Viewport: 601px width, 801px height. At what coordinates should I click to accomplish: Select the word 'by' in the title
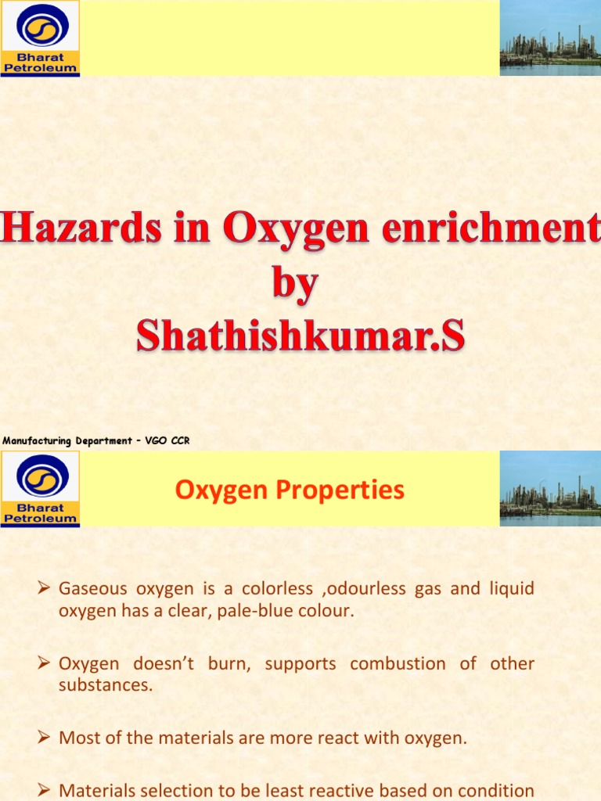tap(296, 284)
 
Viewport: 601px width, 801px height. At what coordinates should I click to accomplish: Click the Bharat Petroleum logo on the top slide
tap(40, 38)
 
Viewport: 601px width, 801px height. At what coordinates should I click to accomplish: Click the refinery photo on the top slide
tap(550, 38)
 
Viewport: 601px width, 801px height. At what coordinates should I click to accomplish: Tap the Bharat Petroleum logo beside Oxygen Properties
tap(40, 489)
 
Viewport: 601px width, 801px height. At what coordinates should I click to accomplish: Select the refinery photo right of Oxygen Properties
tap(550, 489)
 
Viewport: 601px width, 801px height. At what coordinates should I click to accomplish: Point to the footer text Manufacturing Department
tap(68, 441)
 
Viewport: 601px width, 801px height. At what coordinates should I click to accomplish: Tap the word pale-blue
tap(255, 610)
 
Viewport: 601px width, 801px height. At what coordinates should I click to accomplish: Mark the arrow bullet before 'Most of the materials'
tap(45, 738)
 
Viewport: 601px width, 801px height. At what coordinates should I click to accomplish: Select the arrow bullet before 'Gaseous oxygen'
tap(45, 589)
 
